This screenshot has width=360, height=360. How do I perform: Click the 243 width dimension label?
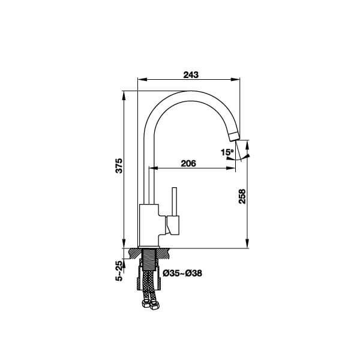pyautogui.click(x=191, y=75)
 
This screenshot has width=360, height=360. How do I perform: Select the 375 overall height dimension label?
pyautogui.click(x=119, y=166)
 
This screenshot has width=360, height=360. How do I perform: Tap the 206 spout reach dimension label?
pyautogui.click(x=188, y=163)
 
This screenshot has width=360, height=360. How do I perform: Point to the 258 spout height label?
pyautogui.click(x=242, y=196)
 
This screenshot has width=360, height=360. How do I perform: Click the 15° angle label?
pyautogui.click(x=227, y=152)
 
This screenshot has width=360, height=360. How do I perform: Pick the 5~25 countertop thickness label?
pyautogui.click(x=119, y=271)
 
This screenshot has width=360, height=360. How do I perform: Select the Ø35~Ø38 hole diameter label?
pyautogui.click(x=182, y=273)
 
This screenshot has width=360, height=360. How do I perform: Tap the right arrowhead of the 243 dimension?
pyautogui.click(x=235, y=79)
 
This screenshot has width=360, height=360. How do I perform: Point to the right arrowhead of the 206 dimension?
pyautogui.click(x=231, y=168)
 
